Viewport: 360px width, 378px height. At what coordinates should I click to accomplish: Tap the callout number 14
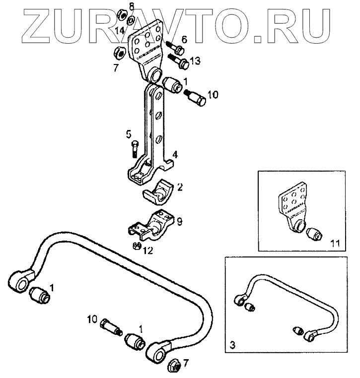coord(120,31)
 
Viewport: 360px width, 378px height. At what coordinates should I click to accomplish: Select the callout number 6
coord(184,39)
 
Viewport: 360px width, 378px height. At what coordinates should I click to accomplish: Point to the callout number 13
coord(196,61)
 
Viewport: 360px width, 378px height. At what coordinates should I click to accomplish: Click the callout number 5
coord(128,133)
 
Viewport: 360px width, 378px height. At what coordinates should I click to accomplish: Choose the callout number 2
coord(180,187)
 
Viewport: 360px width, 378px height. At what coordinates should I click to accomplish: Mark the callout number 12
coord(148,251)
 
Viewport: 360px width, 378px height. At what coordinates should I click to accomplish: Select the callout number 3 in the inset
coord(232,343)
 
